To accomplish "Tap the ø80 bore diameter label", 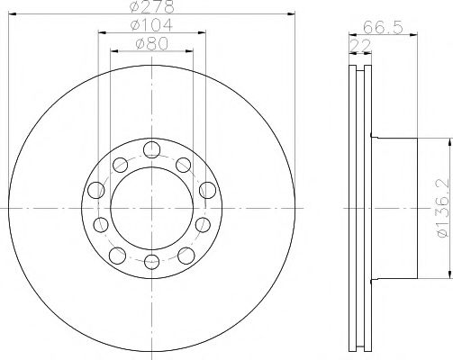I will (149, 43).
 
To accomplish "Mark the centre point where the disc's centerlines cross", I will (149, 205).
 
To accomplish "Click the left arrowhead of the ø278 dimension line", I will (14, 14).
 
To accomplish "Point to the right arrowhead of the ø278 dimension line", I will (287, 14).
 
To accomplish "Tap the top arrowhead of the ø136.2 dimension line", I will (448, 142).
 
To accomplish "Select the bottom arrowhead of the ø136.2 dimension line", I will (448, 269).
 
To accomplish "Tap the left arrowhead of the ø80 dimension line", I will (113, 51).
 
